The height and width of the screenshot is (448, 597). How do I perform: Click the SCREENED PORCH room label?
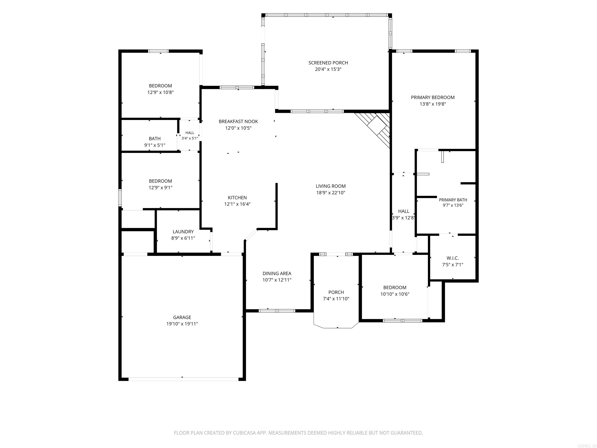[328, 63]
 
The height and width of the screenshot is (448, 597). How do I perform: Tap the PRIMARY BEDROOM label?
[433, 97]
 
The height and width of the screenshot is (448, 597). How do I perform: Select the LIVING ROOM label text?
[331, 186]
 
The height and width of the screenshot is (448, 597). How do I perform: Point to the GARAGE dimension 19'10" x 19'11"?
[182, 324]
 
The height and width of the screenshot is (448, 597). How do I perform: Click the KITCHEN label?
[237, 198]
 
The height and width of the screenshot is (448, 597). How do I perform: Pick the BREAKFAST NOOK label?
[238, 122]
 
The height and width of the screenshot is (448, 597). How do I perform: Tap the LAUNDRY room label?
[183, 232]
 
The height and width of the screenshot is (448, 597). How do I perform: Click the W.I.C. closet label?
[453, 258]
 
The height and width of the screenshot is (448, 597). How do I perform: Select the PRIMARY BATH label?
[453, 200]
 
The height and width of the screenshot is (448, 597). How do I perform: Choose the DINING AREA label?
[277, 274]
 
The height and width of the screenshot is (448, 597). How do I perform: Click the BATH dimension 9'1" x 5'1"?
[155, 145]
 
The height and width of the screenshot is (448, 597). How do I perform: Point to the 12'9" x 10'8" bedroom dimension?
[160, 92]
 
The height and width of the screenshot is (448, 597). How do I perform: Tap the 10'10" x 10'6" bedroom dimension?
[395, 294]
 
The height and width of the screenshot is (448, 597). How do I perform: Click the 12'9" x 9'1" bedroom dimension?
[160, 188]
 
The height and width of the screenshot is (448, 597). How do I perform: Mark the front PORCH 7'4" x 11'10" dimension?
[336, 299]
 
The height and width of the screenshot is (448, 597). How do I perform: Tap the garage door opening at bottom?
[183, 379]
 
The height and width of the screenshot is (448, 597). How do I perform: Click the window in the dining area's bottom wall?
[277, 311]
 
